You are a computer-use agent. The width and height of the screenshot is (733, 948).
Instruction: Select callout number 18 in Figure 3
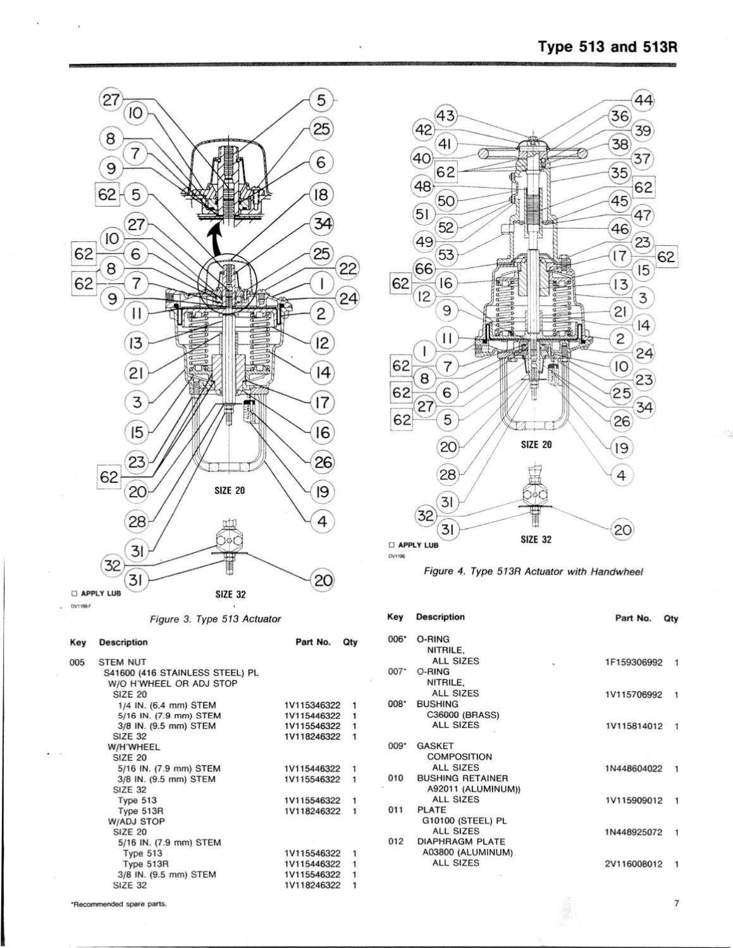[x=321, y=194]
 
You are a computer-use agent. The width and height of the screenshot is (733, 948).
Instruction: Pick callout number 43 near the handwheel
[x=447, y=116]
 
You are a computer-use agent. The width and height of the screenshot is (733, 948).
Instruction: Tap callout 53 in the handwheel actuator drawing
[x=447, y=255]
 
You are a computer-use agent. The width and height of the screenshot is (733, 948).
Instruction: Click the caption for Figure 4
[x=533, y=571]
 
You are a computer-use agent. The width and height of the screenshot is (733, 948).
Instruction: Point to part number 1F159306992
[x=634, y=662]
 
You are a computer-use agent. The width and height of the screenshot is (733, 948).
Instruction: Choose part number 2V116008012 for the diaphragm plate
[x=634, y=863]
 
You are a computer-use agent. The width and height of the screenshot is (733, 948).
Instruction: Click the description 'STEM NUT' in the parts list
[x=123, y=662]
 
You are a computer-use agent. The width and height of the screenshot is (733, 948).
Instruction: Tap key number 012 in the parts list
[x=395, y=841]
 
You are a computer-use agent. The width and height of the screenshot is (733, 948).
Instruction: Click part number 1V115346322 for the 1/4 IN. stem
[x=312, y=705]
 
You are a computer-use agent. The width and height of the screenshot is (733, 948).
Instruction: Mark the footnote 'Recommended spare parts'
[x=118, y=904]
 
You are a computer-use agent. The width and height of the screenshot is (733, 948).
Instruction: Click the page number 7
[x=675, y=903]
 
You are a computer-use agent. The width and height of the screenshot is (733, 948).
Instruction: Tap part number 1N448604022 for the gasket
[x=634, y=769]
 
